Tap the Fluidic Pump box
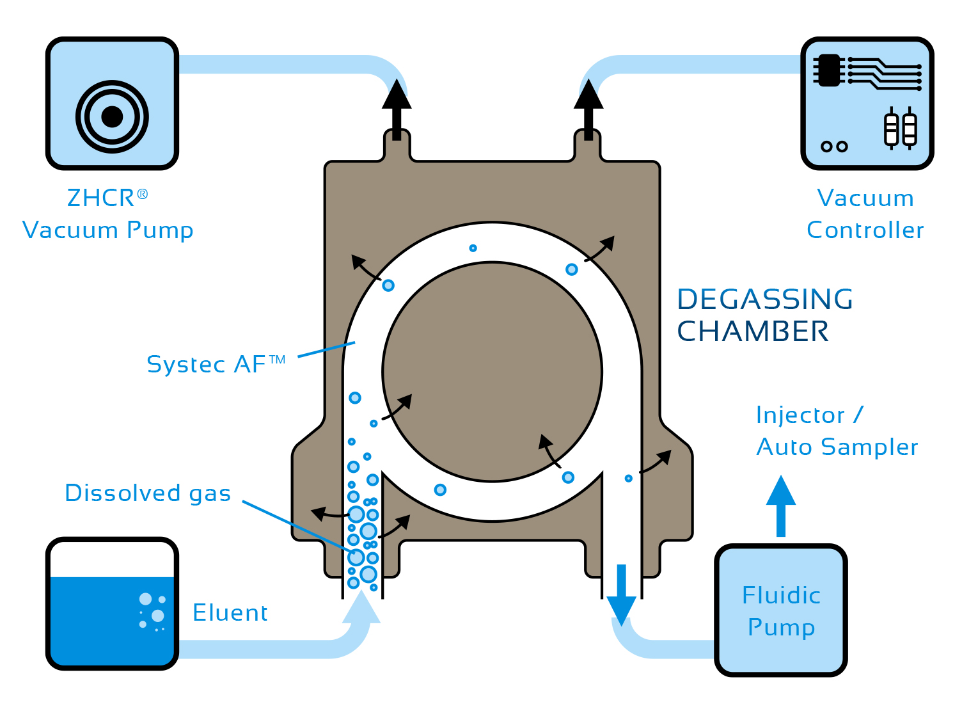click(x=781, y=610)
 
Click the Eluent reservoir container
click(x=112, y=604)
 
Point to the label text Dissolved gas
click(x=148, y=493)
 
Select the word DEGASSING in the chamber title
click(x=765, y=299)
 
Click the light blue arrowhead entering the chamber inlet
click(x=361, y=608)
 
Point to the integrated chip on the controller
click(x=830, y=70)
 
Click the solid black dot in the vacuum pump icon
click(x=112, y=116)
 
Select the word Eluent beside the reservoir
click(x=230, y=613)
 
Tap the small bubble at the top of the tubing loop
click(x=473, y=248)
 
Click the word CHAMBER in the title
click(x=753, y=332)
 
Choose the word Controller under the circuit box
click(x=865, y=230)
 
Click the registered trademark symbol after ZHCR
click(x=143, y=193)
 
